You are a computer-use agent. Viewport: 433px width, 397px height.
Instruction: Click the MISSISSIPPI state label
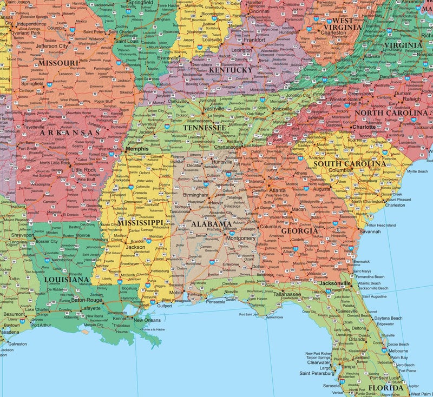tap(140, 223)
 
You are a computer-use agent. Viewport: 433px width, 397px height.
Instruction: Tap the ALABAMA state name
tap(212, 224)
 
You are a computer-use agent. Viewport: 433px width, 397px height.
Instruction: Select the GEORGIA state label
tap(299, 231)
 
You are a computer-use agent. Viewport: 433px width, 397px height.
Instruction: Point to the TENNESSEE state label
tap(205, 128)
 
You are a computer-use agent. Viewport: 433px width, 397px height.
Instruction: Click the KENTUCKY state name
tap(230, 70)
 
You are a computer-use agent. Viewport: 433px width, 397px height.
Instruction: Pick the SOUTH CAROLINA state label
tap(350, 163)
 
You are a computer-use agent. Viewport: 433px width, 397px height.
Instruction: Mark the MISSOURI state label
tap(58, 63)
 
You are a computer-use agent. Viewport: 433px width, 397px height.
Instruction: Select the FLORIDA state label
tap(385, 388)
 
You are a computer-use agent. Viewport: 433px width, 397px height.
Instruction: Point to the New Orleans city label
tap(149, 320)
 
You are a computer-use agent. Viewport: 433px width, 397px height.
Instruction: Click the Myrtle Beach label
tap(417, 171)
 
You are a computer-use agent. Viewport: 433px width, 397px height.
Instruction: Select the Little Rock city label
tap(83, 169)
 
